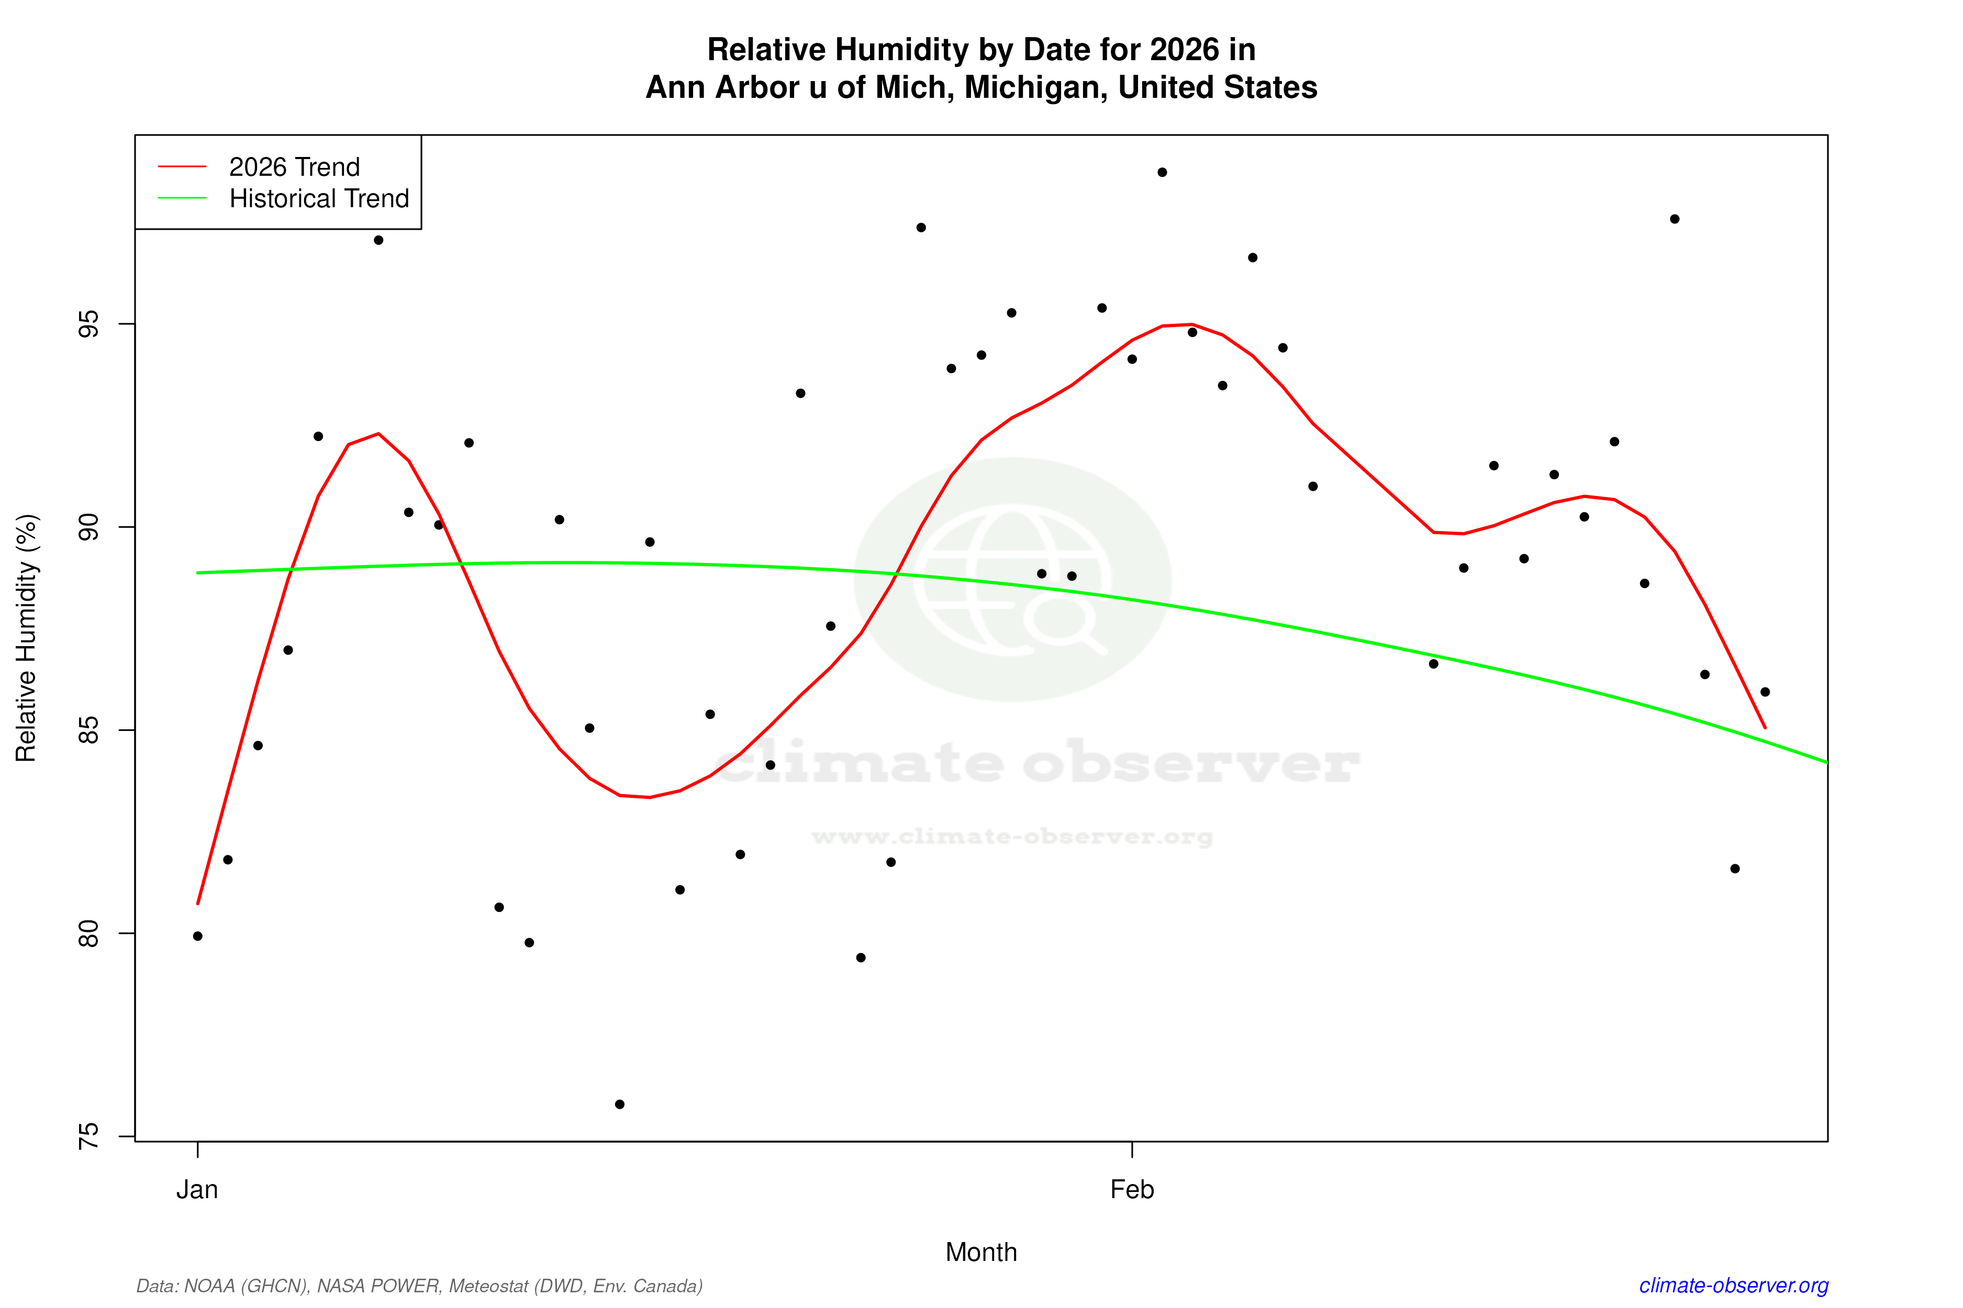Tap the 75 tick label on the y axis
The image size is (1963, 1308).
88,1136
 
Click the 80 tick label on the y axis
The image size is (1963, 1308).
88,933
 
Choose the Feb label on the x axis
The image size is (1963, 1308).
1132,1190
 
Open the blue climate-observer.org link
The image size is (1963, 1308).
1734,1286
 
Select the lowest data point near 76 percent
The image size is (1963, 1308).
619,1104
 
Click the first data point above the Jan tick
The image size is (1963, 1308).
198,936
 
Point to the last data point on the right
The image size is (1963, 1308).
1765,692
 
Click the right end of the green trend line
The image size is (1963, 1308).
1826,762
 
